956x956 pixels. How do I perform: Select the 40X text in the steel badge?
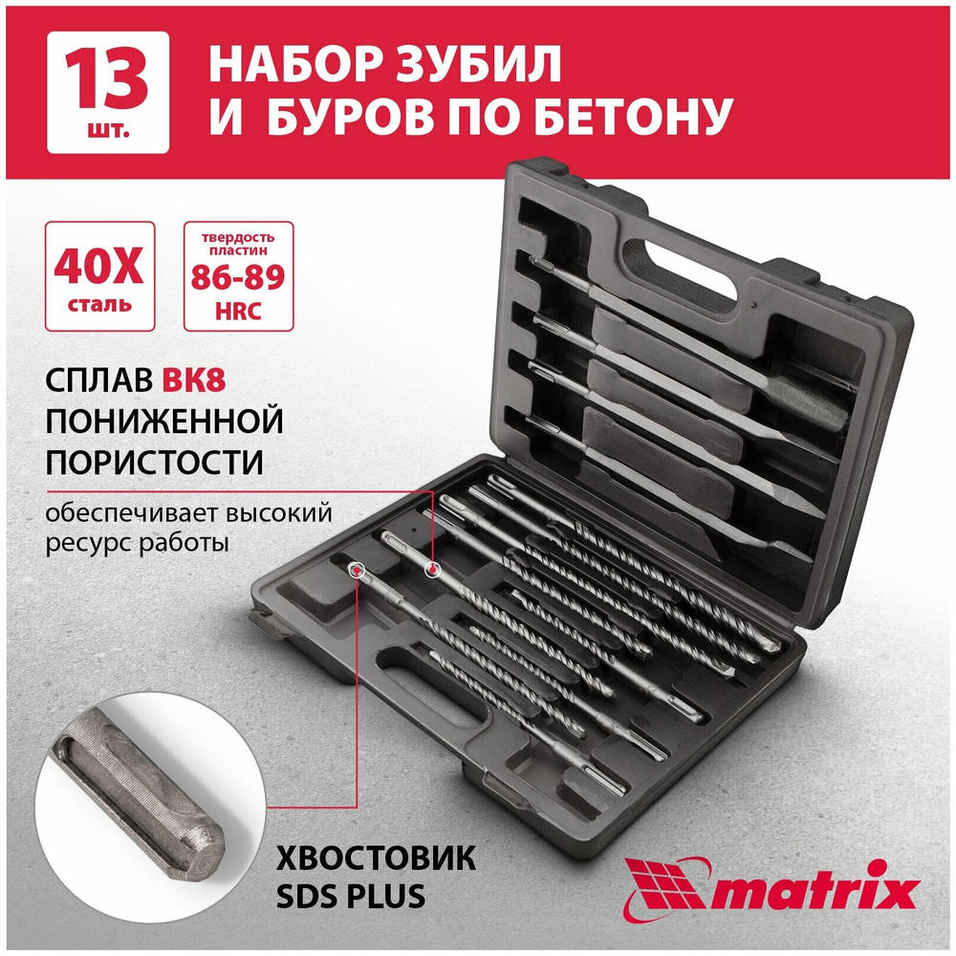(x=98, y=267)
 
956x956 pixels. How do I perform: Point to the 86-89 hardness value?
(x=238, y=277)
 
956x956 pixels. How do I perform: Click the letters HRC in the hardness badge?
(x=238, y=311)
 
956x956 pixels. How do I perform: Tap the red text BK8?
(x=194, y=380)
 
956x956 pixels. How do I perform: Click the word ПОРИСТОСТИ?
(x=154, y=462)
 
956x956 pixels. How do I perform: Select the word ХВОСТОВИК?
(x=376, y=858)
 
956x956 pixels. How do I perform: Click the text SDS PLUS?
(x=351, y=897)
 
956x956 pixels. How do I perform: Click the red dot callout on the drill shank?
(x=432, y=571)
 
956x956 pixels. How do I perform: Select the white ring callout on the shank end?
(x=356, y=570)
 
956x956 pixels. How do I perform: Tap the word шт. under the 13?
(x=108, y=130)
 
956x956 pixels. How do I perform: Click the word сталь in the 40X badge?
(x=98, y=304)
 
